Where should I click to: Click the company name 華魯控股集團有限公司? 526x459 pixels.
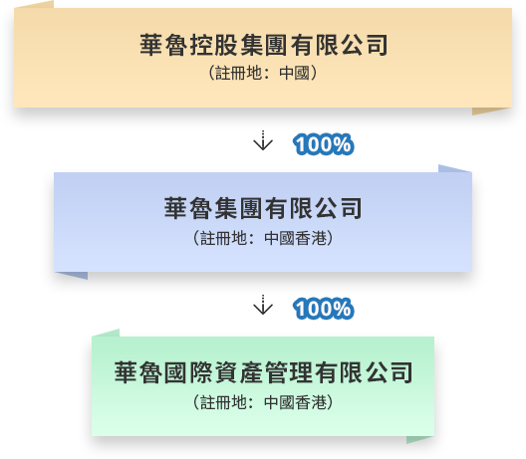[264, 45]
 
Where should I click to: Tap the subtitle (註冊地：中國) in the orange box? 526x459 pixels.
[263, 73]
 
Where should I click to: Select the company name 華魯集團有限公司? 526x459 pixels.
[263, 208]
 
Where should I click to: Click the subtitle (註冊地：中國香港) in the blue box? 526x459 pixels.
[263, 238]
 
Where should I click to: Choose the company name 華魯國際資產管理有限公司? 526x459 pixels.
[263, 372]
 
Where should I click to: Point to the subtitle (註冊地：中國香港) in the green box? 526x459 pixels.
[263, 402]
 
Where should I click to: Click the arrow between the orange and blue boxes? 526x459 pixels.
[263, 140]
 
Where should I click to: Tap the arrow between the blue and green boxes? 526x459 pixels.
[263, 305]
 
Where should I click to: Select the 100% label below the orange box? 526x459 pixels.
[324, 144]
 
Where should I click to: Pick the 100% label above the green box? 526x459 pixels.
[324, 309]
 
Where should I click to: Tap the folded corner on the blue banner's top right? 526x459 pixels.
[453, 169]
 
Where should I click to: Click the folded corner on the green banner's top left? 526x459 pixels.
[108, 334]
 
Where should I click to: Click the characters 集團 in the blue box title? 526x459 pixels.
[238, 208]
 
